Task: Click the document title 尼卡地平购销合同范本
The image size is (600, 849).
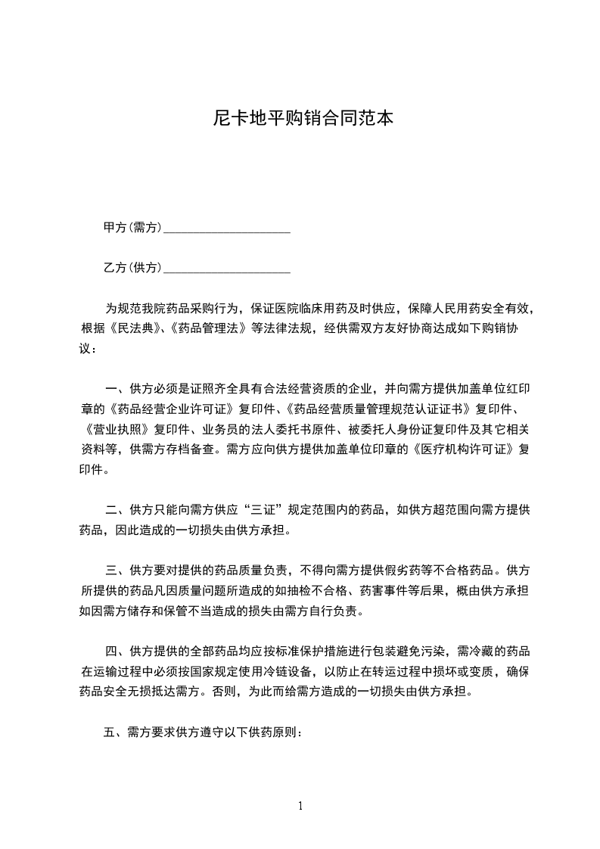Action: [x=300, y=119]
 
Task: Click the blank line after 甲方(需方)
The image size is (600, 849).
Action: [x=227, y=229]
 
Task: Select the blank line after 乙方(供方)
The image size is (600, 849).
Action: [x=227, y=269]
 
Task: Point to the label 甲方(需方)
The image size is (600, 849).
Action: [x=132, y=228]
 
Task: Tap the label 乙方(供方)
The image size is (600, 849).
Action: [x=132, y=268]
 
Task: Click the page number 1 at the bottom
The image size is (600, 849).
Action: [x=300, y=806]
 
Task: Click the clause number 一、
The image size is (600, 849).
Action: [x=115, y=390]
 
